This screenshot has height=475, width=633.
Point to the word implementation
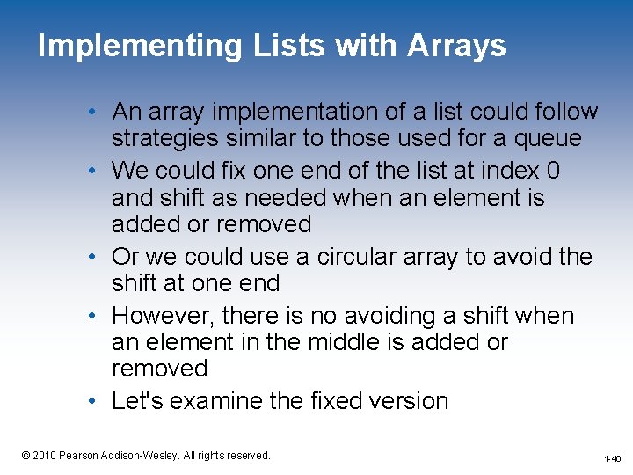click(x=282, y=113)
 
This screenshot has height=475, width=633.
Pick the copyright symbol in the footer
click(x=25, y=455)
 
